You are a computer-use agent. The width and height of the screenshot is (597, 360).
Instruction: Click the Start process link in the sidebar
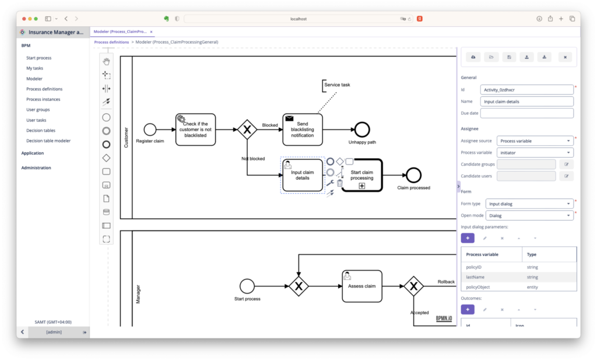[x=38, y=58]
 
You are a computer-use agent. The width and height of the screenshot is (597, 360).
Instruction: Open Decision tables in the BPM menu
[x=41, y=130]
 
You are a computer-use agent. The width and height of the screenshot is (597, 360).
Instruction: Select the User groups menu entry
[x=38, y=110]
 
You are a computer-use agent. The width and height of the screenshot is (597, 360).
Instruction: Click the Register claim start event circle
[x=150, y=130]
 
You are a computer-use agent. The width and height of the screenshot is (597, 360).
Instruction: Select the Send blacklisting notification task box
[x=303, y=130]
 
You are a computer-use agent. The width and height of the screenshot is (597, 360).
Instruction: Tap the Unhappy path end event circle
[x=362, y=130]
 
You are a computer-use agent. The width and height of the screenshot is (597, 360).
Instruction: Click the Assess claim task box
[x=361, y=286]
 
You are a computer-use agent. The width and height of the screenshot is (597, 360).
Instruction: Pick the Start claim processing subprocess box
[x=362, y=175]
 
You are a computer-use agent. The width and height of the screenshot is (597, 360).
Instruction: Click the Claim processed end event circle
[x=413, y=175]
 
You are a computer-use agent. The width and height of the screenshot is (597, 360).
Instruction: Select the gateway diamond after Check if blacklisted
[x=247, y=130]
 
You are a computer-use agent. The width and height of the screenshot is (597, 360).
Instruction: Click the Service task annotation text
[x=337, y=85]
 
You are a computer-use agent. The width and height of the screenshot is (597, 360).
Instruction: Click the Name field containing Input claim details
[x=526, y=102]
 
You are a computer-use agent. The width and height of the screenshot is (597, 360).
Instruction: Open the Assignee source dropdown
[x=535, y=141]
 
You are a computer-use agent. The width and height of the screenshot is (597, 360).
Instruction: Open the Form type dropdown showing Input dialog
[x=529, y=204]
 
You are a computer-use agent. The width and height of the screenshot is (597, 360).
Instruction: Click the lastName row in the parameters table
[x=518, y=277]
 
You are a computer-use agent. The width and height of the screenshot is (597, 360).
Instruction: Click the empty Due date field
[x=526, y=113]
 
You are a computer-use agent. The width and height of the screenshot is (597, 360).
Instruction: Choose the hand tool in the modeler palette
[x=106, y=61]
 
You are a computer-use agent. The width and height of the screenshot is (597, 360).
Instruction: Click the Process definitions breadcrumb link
[x=111, y=42]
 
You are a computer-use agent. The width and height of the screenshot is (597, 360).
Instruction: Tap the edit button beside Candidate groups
[x=567, y=164]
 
